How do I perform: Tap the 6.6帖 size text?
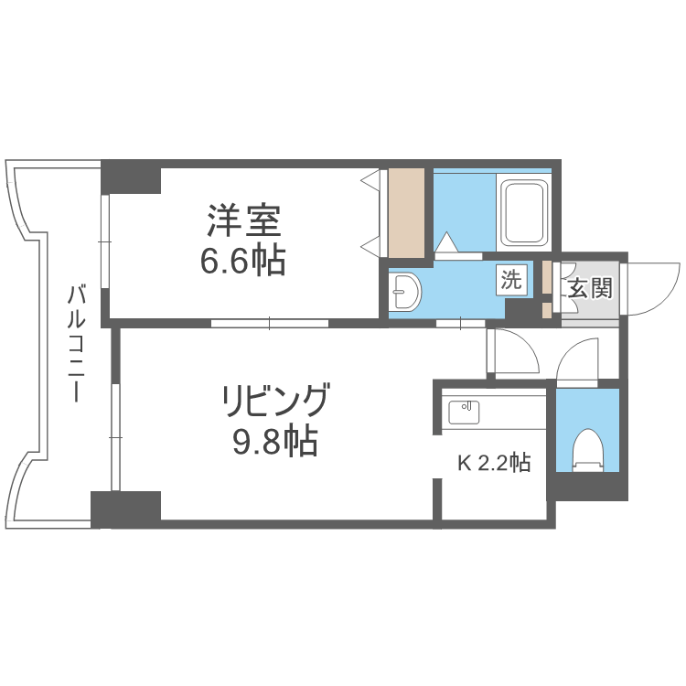pyautogui.click(x=242, y=262)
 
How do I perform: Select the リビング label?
pyautogui.click(x=273, y=402)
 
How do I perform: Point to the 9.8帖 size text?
pyautogui.click(x=273, y=443)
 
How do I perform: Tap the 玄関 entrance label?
pyautogui.click(x=590, y=288)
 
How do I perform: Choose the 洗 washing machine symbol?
pyautogui.click(x=512, y=280)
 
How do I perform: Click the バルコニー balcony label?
pyautogui.click(x=78, y=343)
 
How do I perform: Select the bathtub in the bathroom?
pyautogui.click(x=523, y=212)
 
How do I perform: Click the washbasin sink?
pyautogui.click(x=404, y=293)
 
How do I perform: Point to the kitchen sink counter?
pyautogui.click(x=465, y=412)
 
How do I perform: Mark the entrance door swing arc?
pyautogui.click(x=657, y=284)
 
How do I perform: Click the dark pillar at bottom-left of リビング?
pyautogui.click(x=125, y=509)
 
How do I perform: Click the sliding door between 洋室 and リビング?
pyautogui.click(x=269, y=322)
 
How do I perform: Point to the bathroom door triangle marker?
pyautogui.click(x=447, y=242)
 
